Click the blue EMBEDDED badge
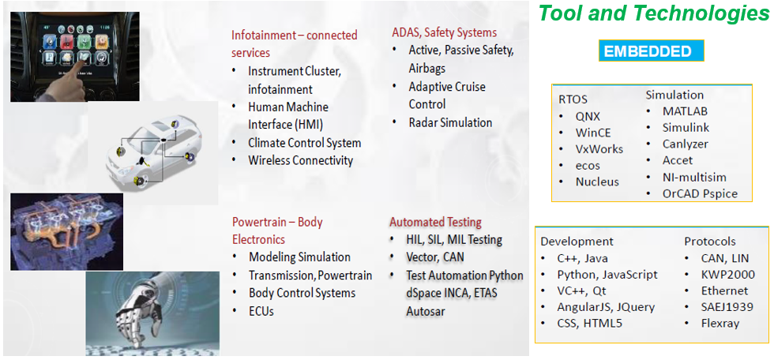tap(651, 51)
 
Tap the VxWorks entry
tap(599, 149)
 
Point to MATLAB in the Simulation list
tap(686, 111)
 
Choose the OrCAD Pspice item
tap(700, 193)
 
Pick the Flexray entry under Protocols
tap(720, 323)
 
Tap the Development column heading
tap(577, 242)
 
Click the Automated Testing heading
tap(435, 223)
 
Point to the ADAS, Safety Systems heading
tap(444, 33)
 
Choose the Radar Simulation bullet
tap(450, 122)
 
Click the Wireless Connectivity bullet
tap(301, 160)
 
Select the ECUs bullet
tap(261, 311)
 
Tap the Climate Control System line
tap(305, 143)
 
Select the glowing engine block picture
tap(66, 231)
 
